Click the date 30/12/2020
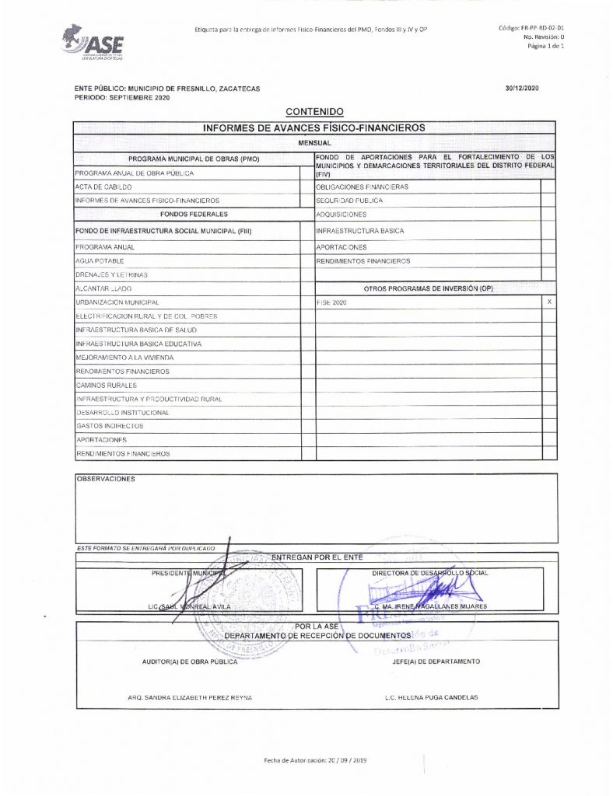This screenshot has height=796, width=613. [x=521, y=89]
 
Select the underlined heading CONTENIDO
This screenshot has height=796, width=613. [x=314, y=113]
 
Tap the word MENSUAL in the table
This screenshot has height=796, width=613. [x=314, y=144]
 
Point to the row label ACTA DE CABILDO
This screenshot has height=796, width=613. [x=103, y=187]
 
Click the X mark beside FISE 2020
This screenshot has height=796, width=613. [x=549, y=302]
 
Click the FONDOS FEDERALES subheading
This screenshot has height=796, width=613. [x=187, y=214]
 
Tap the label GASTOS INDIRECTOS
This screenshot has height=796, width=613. [x=110, y=426]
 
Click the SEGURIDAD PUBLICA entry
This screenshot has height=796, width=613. [x=349, y=201]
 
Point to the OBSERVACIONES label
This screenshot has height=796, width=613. [x=105, y=479]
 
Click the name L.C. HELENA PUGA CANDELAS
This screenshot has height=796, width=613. [x=431, y=697]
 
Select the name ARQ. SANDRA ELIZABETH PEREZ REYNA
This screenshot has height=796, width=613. [x=190, y=697]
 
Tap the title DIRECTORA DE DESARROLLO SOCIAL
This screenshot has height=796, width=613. [x=430, y=573]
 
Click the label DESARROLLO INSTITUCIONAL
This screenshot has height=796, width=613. [x=122, y=412]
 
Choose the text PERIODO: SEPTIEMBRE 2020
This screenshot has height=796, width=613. [x=122, y=98]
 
